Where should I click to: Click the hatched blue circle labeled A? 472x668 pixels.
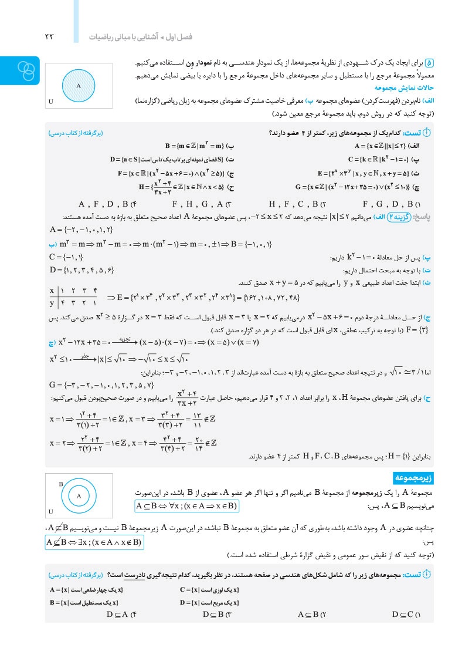pyautogui.click(x=78, y=85)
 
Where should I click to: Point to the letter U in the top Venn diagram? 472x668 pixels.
pyautogui.click(x=51, y=102)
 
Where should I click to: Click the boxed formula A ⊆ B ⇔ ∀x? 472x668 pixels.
pyautogui.click(x=186, y=506)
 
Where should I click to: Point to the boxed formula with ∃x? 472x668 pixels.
pyautogui.click(x=94, y=542)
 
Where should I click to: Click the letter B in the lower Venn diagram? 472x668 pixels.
pyautogui.click(x=61, y=484)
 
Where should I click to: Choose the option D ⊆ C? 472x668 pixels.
pyautogui.click(x=405, y=615)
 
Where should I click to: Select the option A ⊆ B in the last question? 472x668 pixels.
pyautogui.click(x=311, y=615)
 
